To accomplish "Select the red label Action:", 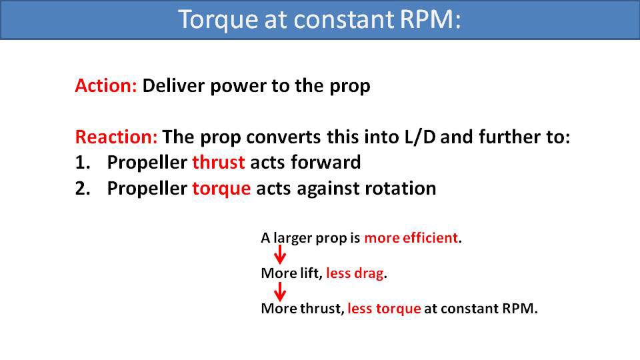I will pyautogui.click(x=105, y=87).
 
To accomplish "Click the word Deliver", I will pyautogui.click(x=168, y=87).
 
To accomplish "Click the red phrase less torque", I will pyautogui.click(x=384, y=309).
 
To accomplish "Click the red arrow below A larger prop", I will pyautogui.click(x=281, y=255).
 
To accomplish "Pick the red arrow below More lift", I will pyautogui.click(x=281, y=291).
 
